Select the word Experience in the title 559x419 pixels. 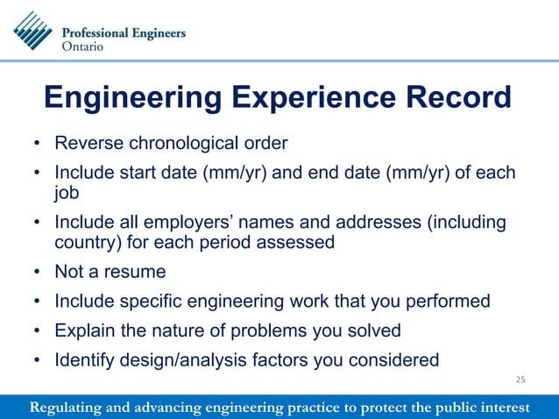click(x=308, y=98)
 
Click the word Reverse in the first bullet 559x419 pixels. click(x=86, y=143)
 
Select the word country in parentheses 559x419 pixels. click(x=82, y=242)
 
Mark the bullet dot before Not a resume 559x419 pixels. click(x=36, y=273)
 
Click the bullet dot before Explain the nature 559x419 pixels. click(x=36, y=331)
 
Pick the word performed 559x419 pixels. click(x=450, y=302)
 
